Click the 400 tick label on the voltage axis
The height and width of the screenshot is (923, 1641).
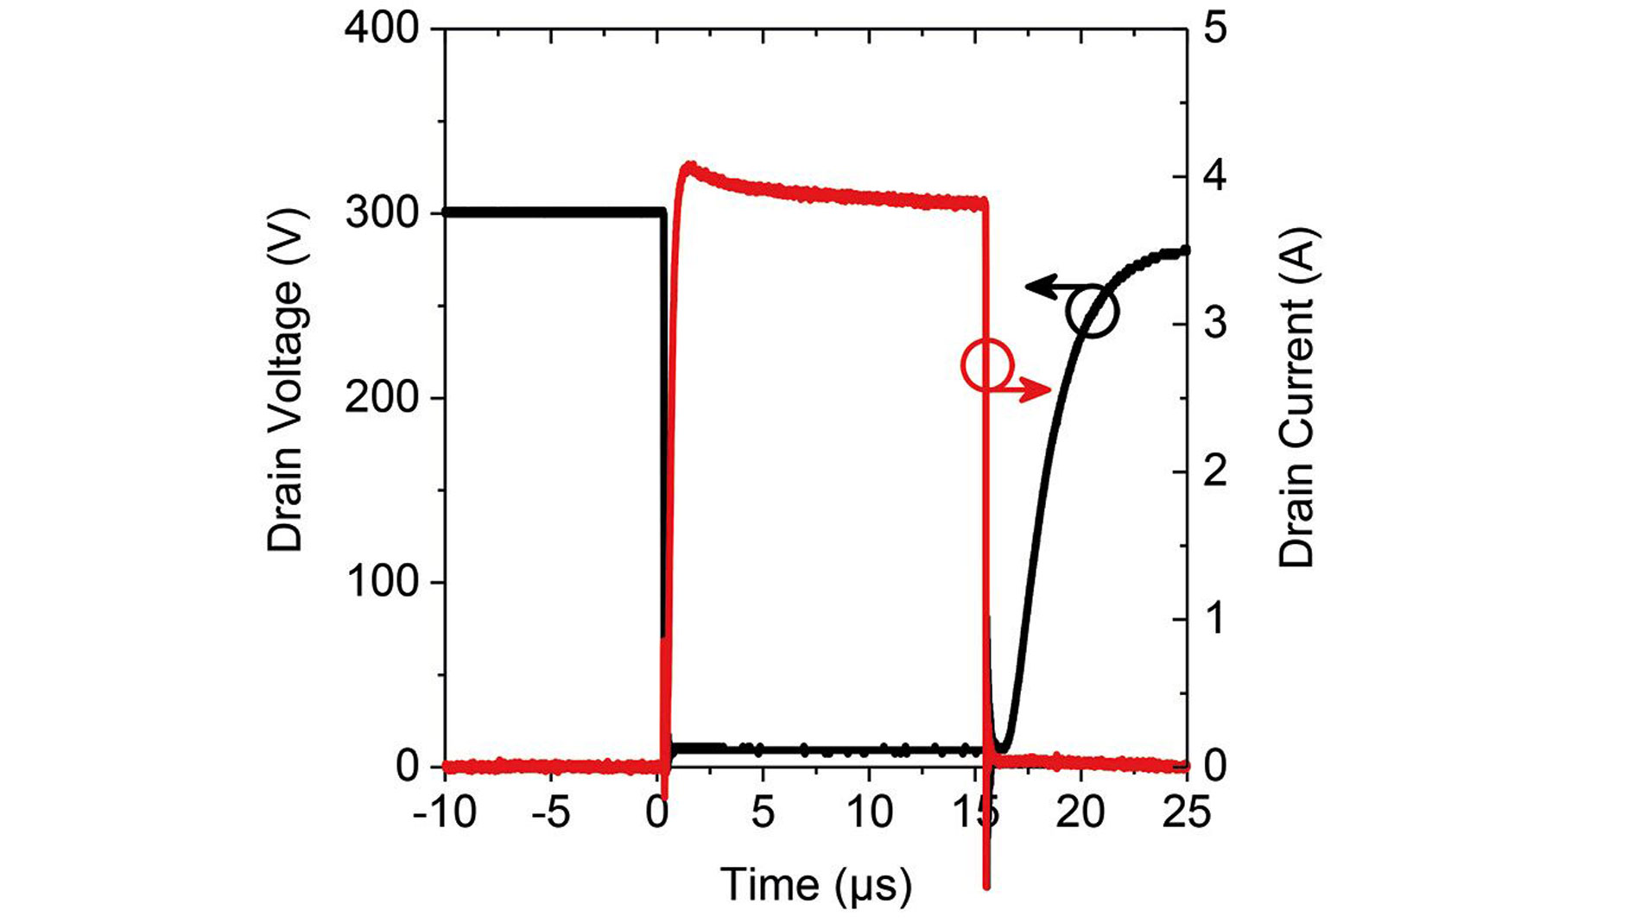pos(381,28)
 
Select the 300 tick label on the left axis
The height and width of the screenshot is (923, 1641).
pos(381,213)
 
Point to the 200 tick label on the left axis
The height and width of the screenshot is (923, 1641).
pos(381,398)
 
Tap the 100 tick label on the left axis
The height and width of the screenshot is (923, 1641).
pos(381,583)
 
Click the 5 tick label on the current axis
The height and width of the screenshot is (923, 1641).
pos(1215,28)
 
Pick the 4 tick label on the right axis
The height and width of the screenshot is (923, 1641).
pos(1215,176)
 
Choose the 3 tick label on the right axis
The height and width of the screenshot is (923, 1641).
pos(1215,324)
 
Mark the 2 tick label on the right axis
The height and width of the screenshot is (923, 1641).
pos(1215,471)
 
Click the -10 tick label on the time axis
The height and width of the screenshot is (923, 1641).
pos(444,812)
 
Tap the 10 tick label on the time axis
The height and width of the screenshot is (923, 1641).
pos(869,812)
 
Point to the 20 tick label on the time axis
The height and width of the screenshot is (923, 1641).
pos(1080,812)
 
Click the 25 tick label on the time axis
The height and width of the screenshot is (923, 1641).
pos(1187,812)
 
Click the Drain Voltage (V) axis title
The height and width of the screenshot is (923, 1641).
pos(286,380)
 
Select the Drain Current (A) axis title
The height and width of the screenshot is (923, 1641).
pos(1296,397)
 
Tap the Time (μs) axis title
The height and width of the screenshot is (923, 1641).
pos(816,885)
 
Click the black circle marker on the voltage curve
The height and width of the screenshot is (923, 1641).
pos(1092,311)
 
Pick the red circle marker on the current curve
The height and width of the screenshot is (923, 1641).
pos(986,364)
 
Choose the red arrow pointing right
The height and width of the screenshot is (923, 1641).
pos(1028,389)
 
